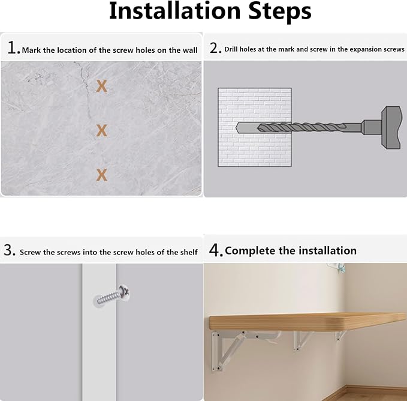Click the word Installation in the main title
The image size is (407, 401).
175,11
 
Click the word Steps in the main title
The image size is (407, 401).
280,11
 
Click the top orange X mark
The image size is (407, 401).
101,86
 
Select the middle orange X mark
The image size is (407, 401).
101,130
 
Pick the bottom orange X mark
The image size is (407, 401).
101,175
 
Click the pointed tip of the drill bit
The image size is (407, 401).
236,128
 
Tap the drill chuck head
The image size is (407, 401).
391,127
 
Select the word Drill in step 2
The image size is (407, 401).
231,49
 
